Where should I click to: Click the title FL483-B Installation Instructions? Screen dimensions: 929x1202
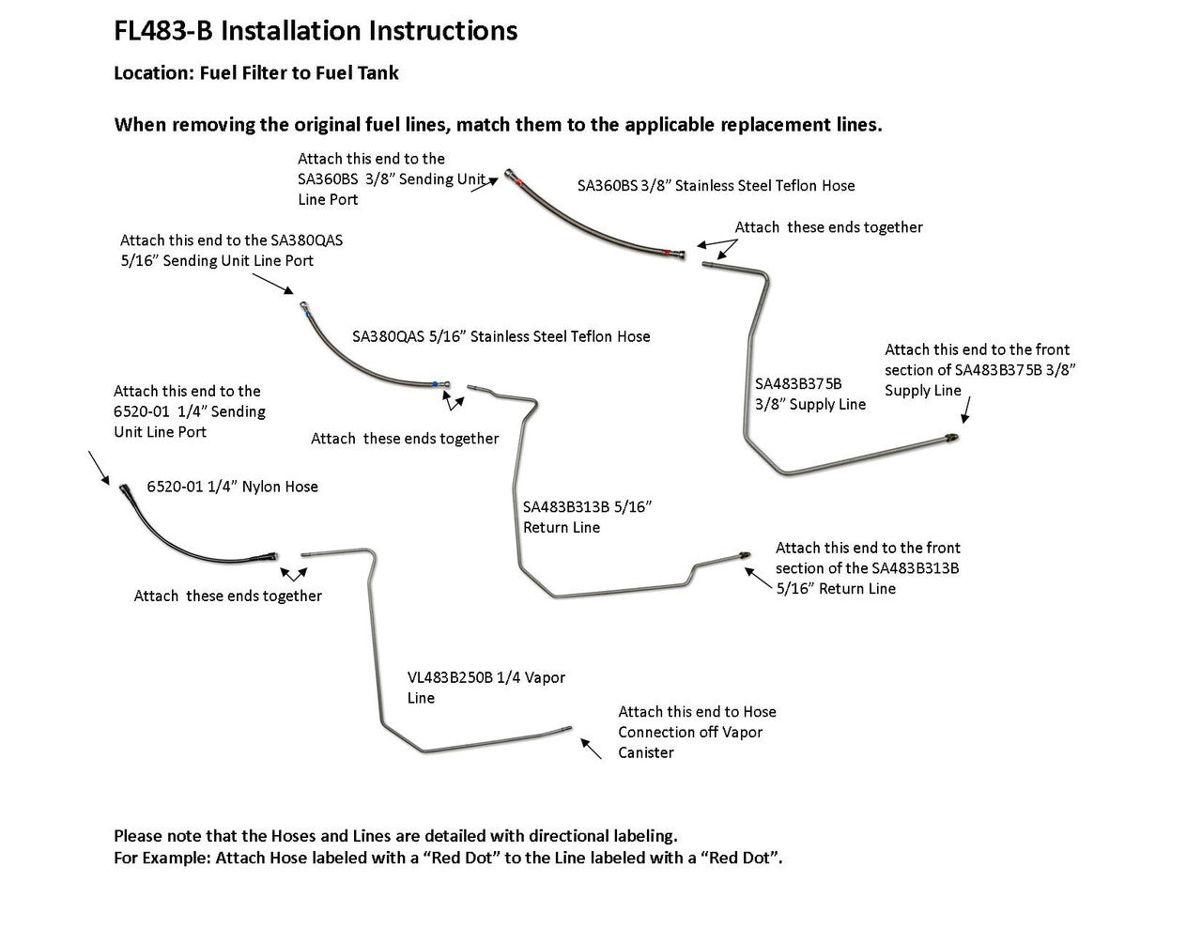tap(315, 31)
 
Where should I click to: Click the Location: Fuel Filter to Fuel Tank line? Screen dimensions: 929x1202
tap(255, 73)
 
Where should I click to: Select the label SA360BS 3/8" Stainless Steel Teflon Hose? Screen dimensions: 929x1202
tap(716, 186)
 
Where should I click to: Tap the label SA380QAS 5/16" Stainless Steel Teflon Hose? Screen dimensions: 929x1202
tap(501, 336)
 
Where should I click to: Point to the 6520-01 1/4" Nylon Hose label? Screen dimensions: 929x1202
tap(232, 487)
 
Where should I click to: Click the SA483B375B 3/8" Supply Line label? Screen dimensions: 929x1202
tap(810, 394)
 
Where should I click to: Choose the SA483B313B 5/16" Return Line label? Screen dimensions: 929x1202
tap(587, 517)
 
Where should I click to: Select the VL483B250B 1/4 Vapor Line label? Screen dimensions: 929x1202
tap(485, 688)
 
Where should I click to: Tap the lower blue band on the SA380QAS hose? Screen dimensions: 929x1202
tap(435, 383)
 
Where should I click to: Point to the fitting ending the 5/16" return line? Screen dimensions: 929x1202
tap(744, 553)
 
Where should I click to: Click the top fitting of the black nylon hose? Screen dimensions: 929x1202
tap(125, 488)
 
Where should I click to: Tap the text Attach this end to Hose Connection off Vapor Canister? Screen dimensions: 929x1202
tap(697, 732)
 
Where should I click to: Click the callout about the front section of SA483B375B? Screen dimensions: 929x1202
tap(979, 370)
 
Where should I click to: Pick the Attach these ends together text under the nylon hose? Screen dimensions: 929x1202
tap(227, 596)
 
